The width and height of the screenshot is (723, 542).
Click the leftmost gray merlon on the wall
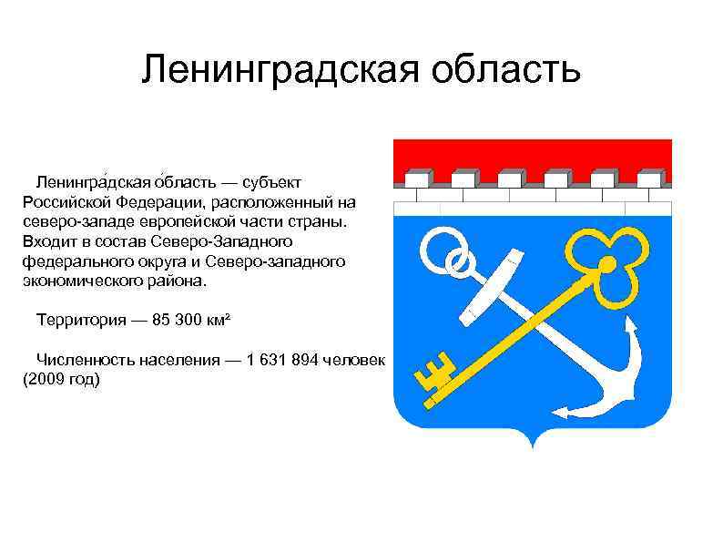(416, 178)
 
